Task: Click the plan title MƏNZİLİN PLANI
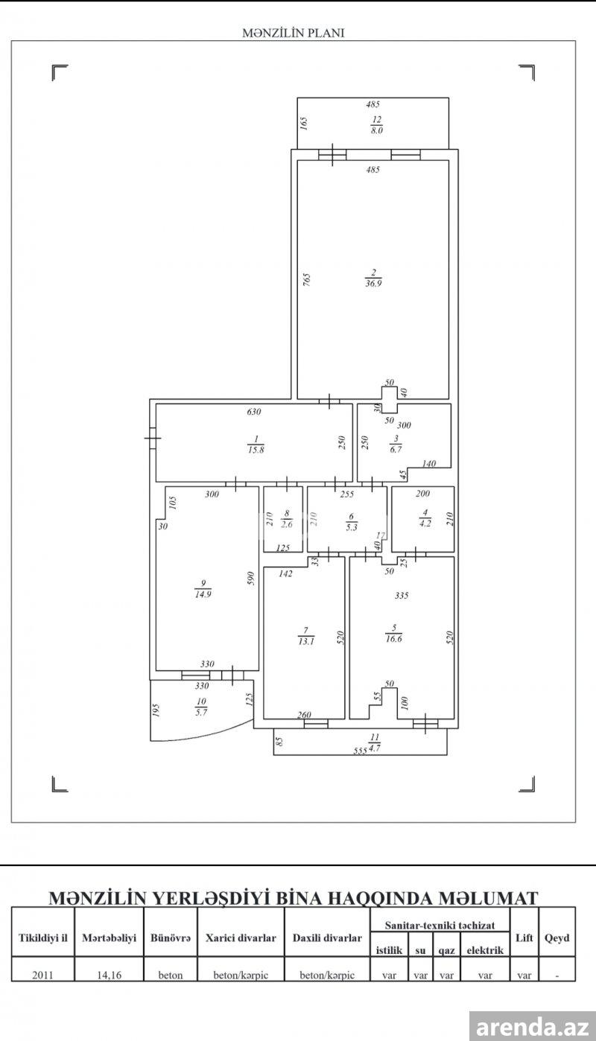294,33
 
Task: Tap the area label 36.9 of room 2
373,283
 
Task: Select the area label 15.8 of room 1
256,450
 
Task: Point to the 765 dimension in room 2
306,279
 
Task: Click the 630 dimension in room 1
254,411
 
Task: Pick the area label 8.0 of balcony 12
376,130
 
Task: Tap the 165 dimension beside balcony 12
303,123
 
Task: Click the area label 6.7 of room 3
396,449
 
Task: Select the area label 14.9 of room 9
203,594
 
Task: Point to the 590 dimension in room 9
251,579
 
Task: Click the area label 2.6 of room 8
287,524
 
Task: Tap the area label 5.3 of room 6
352,527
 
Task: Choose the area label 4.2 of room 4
425,523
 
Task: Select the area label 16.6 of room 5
393,639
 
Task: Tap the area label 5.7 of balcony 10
201,712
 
